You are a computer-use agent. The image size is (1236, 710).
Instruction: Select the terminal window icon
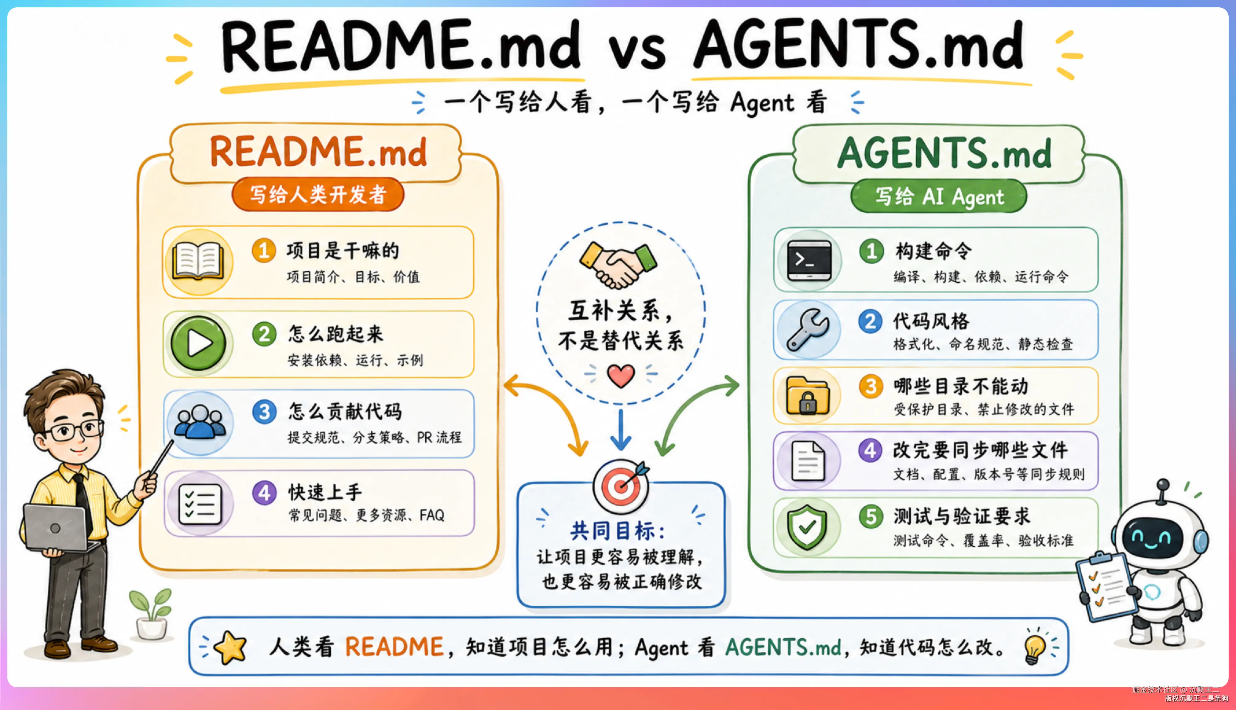809,261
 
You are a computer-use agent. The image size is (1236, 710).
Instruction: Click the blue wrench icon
808,330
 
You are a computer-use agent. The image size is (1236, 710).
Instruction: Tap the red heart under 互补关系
621,376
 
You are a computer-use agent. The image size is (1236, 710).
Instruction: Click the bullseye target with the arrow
621,485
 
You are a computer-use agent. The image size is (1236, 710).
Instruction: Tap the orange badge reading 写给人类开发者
318,195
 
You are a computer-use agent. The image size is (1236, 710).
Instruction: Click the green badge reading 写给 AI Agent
939,196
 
